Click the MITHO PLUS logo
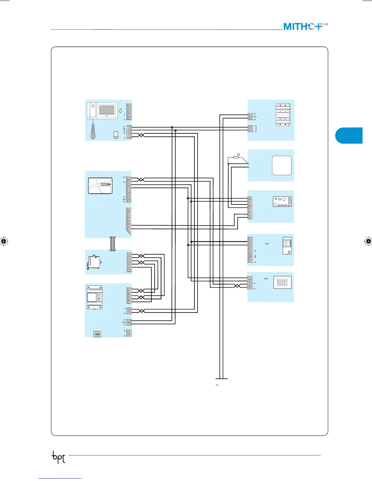coord(305,26)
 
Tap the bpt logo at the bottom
coord(59,457)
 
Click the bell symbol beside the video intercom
coord(121,111)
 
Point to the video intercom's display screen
coord(107,109)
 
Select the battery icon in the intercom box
coord(116,135)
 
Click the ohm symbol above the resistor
coord(238,155)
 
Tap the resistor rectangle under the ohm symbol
coord(236,157)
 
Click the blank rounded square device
coord(282,165)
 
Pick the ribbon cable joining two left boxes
coord(112,244)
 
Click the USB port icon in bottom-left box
coord(97,334)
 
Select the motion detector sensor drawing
coord(287,246)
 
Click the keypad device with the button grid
coord(282,282)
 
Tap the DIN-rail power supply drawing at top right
coord(283,115)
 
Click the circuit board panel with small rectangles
coord(282,202)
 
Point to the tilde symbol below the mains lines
coord(217,385)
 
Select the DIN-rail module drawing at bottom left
coord(95,297)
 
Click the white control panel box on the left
coord(100,186)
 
